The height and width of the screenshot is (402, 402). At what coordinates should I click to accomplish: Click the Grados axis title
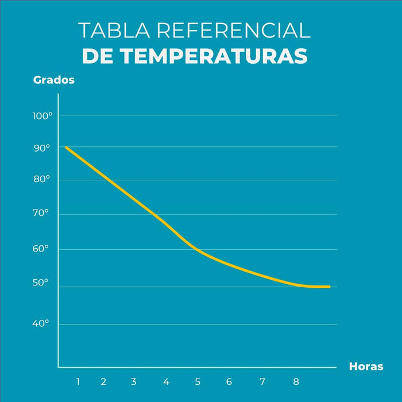pos(54,80)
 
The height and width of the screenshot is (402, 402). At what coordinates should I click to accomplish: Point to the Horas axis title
pos(366,366)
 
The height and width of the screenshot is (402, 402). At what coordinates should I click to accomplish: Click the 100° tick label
pos(42,115)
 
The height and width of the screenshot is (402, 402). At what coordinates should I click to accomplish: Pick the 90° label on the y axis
pos(41,148)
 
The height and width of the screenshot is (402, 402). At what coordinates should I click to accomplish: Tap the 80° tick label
pos(41,179)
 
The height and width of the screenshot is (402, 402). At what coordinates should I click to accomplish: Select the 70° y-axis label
pos(41,214)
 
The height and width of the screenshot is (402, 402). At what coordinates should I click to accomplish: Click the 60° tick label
pos(41,249)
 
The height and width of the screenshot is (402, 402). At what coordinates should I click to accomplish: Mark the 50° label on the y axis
pos(41,283)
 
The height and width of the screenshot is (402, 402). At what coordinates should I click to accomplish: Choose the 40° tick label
pos(41,324)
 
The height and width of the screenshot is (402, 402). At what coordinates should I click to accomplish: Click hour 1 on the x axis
pos(78,381)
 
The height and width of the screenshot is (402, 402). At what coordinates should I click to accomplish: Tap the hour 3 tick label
pos(133,381)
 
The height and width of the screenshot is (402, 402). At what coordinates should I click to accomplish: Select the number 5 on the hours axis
pos(198,381)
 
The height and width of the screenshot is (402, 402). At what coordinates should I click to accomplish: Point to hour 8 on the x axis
pos(296,381)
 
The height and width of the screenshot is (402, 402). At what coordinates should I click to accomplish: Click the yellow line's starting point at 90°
pos(66,147)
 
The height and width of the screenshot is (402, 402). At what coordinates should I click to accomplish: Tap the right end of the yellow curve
pos(329,287)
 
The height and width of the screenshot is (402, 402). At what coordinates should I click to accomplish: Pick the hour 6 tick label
pos(229,381)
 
